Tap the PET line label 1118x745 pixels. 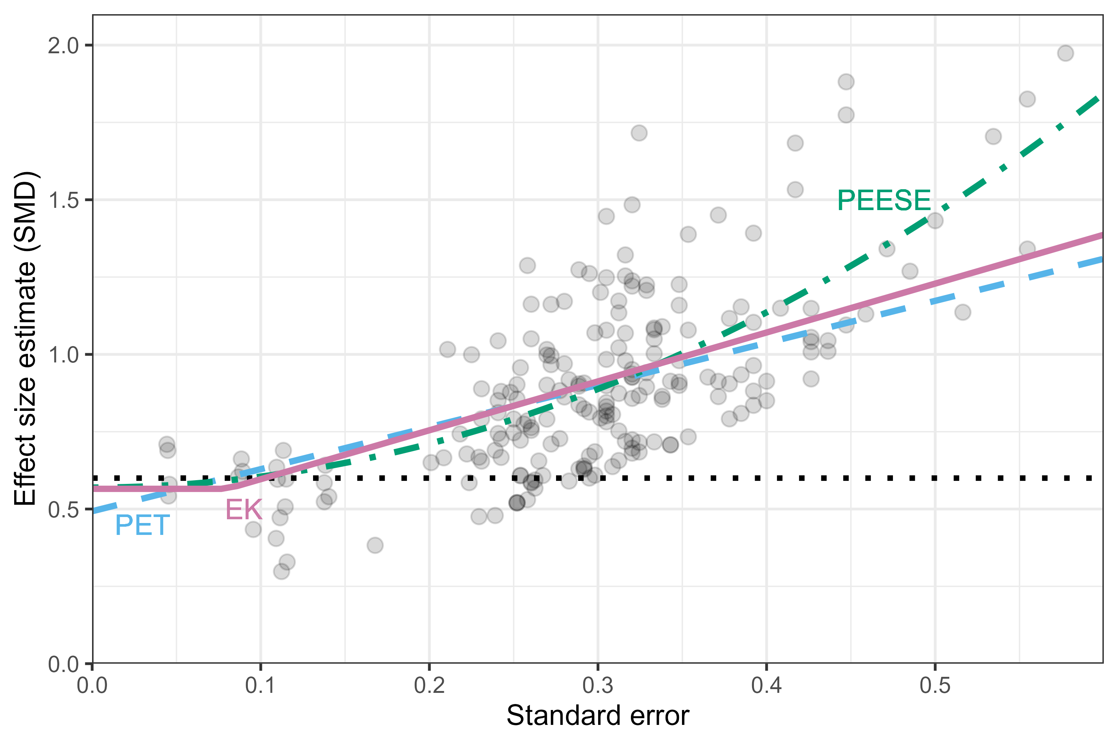tap(142, 526)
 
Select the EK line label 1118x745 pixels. tap(243, 510)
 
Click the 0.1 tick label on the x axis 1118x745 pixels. tap(260, 686)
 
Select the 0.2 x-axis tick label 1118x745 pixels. tap(429, 686)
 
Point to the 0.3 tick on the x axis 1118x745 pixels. tap(598, 686)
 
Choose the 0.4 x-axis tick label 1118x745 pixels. tap(766, 686)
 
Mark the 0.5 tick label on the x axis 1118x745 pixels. tap(935, 686)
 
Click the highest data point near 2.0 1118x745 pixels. tap(1065, 53)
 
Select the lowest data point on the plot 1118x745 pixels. tap(281, 571)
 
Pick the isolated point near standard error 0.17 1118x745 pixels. tap(375, 545)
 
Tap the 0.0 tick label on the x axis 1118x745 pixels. tap(92, 686)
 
